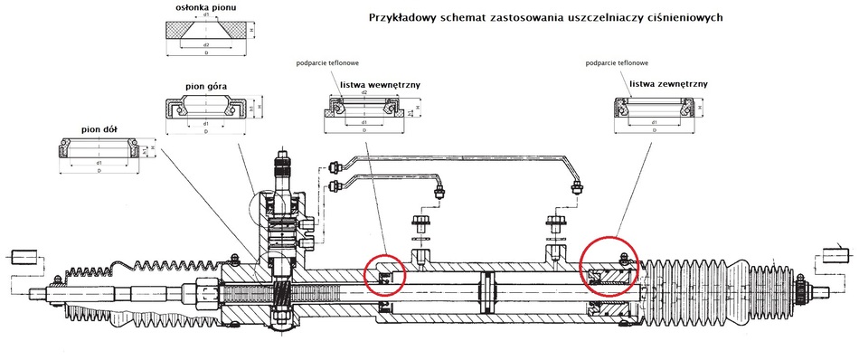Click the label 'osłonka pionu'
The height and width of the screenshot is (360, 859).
[x=200, y=7]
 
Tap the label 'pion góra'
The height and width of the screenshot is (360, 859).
[x=206, y=86]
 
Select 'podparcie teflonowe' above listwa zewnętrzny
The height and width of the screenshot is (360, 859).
[x=617, y=63]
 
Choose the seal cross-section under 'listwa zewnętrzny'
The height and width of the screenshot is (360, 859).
[x=655, y=111]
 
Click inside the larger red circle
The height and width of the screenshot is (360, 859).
[x=609, y=266]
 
